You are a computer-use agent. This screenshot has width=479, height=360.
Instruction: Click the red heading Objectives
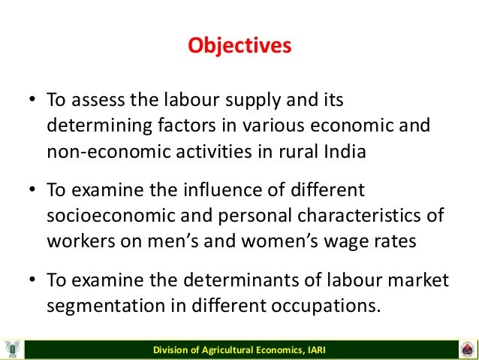(239, 46)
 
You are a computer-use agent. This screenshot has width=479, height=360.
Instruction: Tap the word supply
(249, 100)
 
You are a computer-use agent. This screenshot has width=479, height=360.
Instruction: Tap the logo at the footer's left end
(12, 349)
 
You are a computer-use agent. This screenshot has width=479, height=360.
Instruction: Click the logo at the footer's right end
(466, 349)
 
